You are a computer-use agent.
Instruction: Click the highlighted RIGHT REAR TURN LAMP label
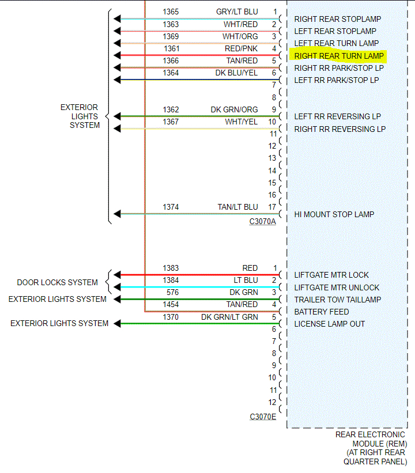(x=338, y=56)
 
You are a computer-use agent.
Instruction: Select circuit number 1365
(x=171, y=12)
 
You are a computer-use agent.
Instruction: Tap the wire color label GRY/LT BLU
(x=237, y=12)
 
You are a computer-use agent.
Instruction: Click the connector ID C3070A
(x=262, y=221)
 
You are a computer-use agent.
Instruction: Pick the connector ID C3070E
(x=262, y=417)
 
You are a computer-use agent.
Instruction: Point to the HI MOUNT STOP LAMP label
(x=334, y=214)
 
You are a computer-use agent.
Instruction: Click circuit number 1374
(x=171, y=207)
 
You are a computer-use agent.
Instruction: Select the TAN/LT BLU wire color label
(x=237, y=207)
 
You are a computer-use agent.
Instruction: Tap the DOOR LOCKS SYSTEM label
(x=57, y=282)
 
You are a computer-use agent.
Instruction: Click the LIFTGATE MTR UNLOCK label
(x=337, y=287)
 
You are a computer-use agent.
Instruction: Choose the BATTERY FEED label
(x=322, y=312)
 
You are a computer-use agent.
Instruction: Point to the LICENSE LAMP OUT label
(x=330, y=324)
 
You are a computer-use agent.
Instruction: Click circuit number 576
(x=172, y=292)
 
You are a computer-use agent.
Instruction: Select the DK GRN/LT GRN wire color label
(x=229, y=317)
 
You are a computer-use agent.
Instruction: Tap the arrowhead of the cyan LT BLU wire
(x=118, y=287)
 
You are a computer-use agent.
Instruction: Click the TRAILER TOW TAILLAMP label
(x=337, y=300)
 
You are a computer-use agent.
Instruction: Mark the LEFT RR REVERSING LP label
(x=338, y=116)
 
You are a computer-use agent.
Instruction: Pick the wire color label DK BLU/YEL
(x=236, y=73)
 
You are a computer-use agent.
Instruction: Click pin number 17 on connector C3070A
(x=271, y=207)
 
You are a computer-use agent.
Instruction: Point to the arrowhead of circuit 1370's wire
(x=118, y=324)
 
